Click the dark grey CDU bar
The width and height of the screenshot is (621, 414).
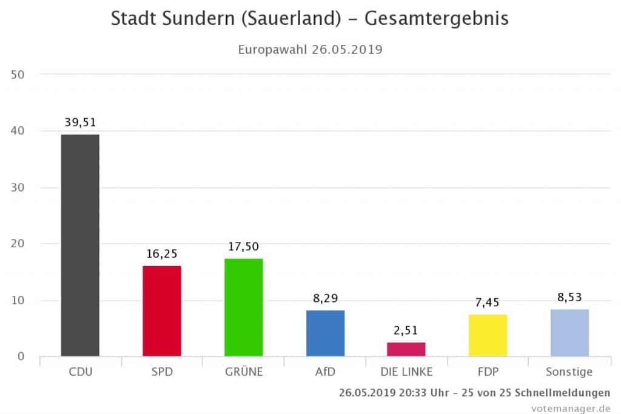pos(80,245)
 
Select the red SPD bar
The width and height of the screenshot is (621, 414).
pos(161,310)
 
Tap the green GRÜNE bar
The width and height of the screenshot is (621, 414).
pos(243,307)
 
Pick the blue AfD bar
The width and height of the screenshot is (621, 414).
pos(325,333)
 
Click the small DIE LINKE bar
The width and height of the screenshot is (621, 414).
pos(406,349)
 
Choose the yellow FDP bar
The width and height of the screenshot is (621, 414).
pos(488,335)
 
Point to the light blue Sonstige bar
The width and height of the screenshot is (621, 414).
pos(569,332)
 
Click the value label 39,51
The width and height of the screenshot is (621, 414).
pos(80,122)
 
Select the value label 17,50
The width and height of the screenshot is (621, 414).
pos(243,247)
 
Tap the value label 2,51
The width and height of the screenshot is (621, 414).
pos(406,330)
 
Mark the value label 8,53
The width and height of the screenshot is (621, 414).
pos(569,298)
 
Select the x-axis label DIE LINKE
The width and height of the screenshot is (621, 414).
pos(406,372)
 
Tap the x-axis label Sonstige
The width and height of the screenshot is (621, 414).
pos(569,372)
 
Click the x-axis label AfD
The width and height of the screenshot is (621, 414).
pos(325,372)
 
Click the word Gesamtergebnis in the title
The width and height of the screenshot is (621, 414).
pos(437,19)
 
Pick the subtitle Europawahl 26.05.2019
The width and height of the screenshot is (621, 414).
pos(310,50)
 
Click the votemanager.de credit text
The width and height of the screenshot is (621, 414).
pos(570,408)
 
